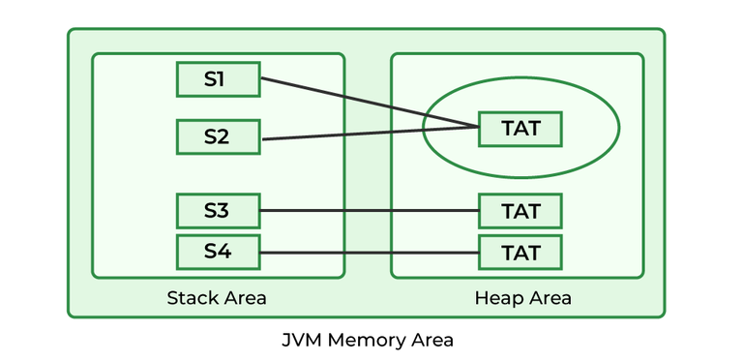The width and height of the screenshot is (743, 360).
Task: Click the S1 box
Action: [218, 79]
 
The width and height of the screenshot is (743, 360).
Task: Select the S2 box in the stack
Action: [218, 136]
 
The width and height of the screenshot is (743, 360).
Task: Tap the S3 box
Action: [218, 210]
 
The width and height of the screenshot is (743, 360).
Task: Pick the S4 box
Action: [218, 253]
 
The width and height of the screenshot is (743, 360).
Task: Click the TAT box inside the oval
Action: [520, 128]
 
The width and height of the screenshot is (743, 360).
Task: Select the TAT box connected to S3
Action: [520, 210]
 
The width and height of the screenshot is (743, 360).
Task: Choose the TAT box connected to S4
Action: [520, 253]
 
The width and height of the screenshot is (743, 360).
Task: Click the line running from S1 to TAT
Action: [368, 103]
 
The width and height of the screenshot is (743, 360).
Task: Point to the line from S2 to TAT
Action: [368, 133]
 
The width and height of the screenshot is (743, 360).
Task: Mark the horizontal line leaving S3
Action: [368, 210]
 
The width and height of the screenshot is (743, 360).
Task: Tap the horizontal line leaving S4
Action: [368, 253]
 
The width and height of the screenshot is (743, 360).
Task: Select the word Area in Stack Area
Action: [244, 297]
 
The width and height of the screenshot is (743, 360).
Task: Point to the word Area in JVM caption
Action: [430, 341]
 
